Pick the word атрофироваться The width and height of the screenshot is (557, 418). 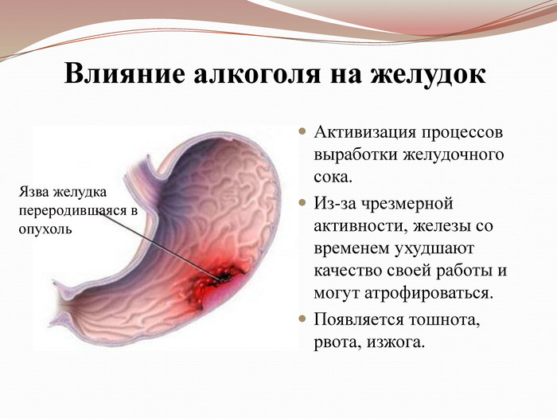[439, 292]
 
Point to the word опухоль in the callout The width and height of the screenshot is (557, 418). [44, 229]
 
